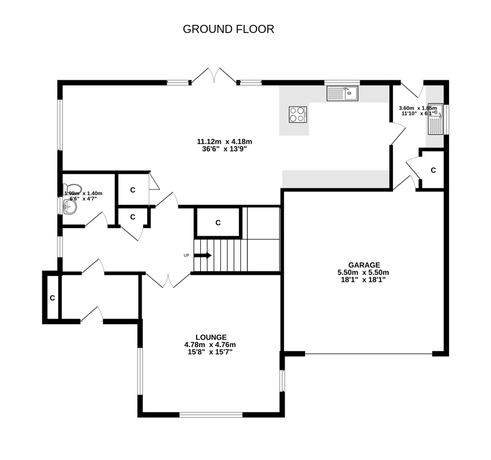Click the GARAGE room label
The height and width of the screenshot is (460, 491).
click(x=364, y=265)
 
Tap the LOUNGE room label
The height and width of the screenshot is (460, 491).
click(x=210, y=337)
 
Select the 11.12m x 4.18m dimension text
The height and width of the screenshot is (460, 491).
click(x=225, y=141)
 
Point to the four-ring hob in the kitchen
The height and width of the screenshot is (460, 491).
click(x=298, y=115)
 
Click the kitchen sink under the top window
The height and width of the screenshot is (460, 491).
click(x=342, y=93)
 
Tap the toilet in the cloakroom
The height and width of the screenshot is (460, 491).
click(x=73, y=188)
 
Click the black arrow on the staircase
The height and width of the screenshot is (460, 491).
click(x=203, y=256)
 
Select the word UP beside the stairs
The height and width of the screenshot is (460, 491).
click(x=186, y=256)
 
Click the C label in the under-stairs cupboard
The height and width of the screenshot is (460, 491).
click(x=218, y=223)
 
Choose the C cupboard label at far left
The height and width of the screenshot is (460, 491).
click(x=52, y=298)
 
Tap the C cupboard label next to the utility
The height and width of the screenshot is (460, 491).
click(x=433, y=170)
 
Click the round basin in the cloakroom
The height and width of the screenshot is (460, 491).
click(x=69, y=206)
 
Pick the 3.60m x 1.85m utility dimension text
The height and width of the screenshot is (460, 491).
click(x=417, y=108)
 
